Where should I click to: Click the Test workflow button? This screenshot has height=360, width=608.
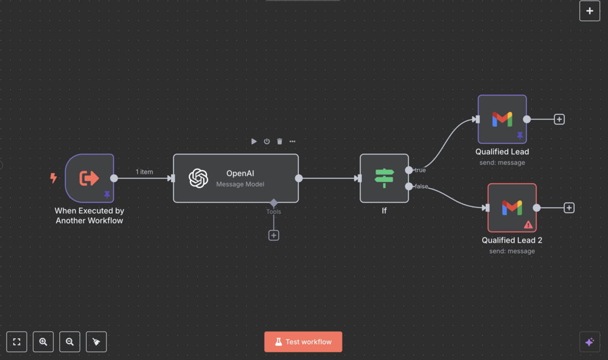303,342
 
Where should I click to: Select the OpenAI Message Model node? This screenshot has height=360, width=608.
235,178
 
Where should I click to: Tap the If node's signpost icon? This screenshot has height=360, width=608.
384,178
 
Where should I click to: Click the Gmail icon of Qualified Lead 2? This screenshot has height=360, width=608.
512,208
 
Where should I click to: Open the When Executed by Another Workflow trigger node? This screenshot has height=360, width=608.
90,178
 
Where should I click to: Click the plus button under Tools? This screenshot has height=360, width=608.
273,235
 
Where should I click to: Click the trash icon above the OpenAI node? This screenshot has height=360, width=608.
279,142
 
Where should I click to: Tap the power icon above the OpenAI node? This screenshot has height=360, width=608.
267,142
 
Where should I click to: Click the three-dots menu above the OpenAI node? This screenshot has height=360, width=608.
292,142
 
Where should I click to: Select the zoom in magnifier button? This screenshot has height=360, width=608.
43,342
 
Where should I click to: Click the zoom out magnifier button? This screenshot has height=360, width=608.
70,342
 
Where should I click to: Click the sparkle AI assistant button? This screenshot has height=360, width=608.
589,342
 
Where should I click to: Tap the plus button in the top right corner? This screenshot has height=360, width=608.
589,11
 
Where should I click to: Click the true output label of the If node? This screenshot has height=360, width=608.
420,170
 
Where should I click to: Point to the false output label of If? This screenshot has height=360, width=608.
422,186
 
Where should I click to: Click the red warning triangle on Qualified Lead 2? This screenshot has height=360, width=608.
528,224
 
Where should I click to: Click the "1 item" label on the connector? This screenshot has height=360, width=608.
144,172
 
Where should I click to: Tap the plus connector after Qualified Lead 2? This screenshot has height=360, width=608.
569,208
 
